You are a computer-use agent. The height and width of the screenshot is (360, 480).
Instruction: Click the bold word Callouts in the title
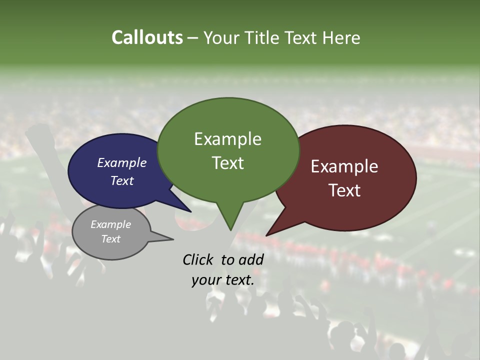[147, 37]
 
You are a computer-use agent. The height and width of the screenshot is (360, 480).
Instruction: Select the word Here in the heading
[341, 37]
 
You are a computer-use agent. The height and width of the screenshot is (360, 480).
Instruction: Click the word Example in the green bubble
[227, 138]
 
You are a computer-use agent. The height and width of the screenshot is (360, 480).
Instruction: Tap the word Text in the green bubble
[227, 162]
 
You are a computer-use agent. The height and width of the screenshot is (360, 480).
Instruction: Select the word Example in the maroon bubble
[344, 166]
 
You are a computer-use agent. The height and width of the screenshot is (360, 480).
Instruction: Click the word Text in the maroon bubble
[344, 190]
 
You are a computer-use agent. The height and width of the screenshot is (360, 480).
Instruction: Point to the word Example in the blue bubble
[121, 162]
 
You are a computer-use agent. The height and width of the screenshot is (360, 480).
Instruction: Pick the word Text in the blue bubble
[121, 180]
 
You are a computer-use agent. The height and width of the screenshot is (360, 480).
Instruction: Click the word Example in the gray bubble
[110, 224]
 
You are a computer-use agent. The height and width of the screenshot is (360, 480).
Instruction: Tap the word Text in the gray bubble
[110, 239]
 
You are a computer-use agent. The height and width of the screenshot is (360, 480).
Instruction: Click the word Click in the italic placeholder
[198, 259]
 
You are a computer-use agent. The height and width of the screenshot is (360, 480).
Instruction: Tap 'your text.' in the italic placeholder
[222, 279]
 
